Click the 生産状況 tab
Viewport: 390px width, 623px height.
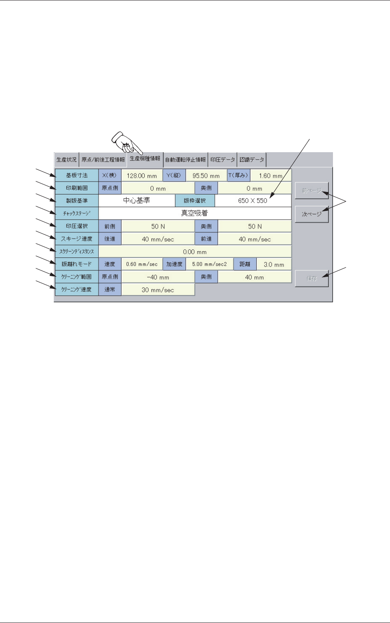67,160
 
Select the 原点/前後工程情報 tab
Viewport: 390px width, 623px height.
103,160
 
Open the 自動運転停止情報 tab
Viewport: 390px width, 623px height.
185,160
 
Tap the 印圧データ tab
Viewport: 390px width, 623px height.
223,160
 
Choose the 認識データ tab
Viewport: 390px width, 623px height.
252,160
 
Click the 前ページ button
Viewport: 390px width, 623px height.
312,191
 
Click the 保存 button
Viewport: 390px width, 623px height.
312,278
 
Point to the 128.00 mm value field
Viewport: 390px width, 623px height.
142,176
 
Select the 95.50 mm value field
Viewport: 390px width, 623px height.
206,176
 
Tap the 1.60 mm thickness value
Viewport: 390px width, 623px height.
270,176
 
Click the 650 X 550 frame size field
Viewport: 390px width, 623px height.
253,201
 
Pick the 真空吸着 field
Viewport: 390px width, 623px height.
195,213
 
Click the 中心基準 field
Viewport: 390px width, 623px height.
137,201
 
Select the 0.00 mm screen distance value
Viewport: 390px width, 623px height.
195,252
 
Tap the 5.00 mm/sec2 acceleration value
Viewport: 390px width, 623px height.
209,264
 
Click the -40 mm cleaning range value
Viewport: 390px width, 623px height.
158,277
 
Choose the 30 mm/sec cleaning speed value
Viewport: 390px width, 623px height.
158,290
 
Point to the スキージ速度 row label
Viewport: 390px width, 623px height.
77,239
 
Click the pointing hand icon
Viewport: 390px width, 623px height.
125,143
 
